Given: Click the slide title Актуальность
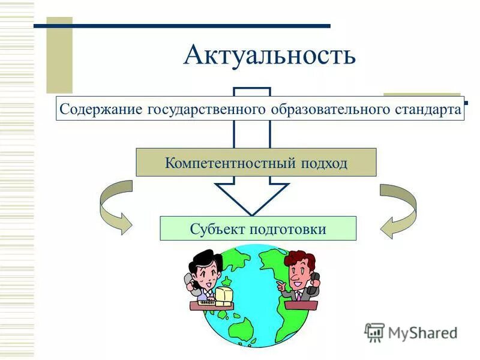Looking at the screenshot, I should point(269,55).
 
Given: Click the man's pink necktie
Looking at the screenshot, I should point(298,296).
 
